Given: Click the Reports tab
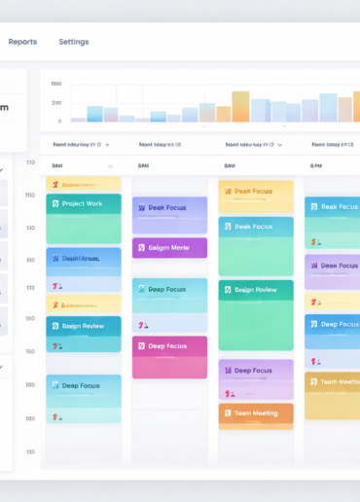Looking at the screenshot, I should point(22,42).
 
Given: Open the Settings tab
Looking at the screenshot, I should point(73,42).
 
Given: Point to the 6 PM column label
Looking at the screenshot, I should point(317,165).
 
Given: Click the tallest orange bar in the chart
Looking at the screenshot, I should point(240,107).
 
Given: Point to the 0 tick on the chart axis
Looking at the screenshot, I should point(59,122).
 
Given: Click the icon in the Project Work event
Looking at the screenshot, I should point(54,203).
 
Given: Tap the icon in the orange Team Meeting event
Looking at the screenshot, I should point(227,413).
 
